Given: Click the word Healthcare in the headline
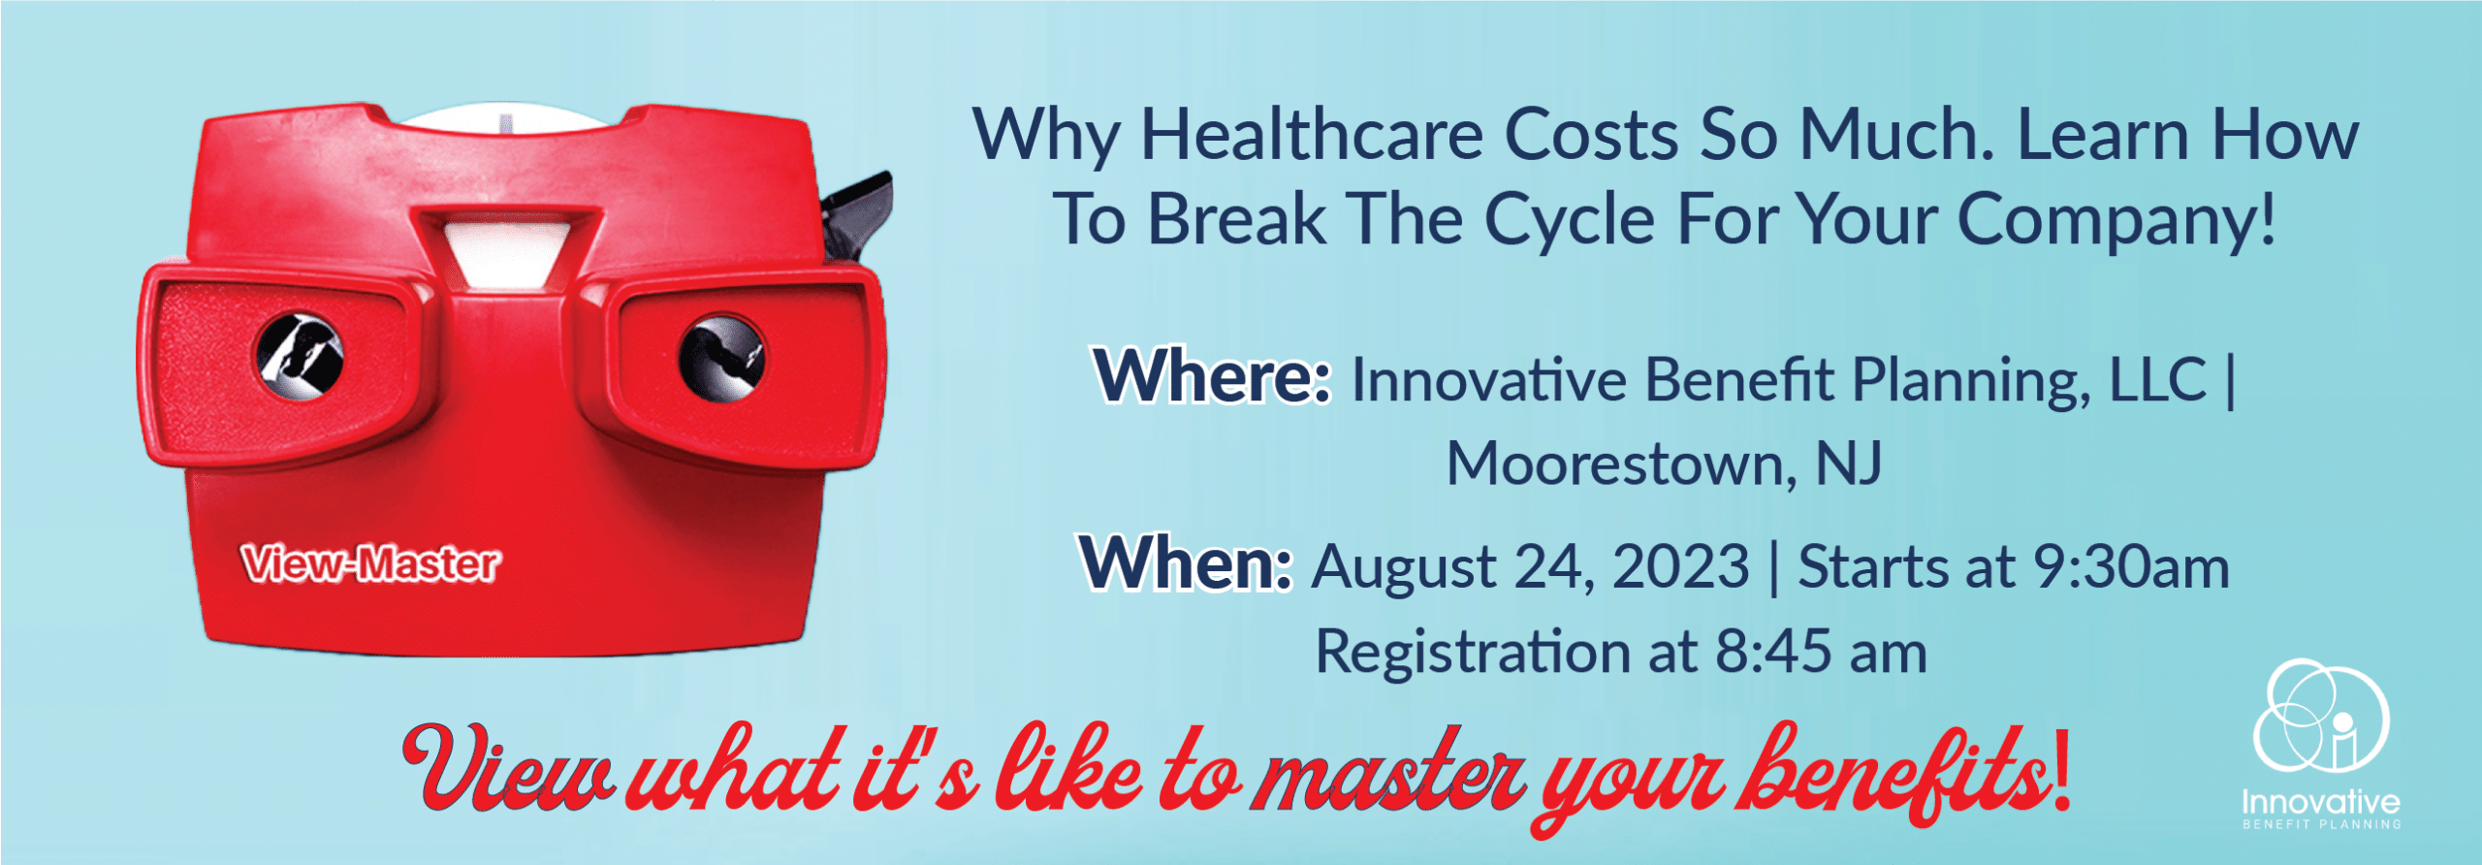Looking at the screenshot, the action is tap(1311, 135).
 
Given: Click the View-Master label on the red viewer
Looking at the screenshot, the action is tap(371, 563).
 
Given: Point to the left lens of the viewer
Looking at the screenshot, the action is tap(300, 356).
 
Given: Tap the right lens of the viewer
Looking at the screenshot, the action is tap(722, 358).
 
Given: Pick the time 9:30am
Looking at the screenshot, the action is tap(2132, 566).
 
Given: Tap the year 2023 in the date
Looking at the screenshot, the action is tap(1680, 566).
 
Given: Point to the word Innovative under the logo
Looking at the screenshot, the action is tap(2321, 802).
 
